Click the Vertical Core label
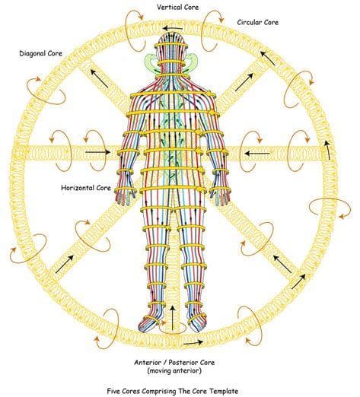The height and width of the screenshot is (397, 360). pos(177,7)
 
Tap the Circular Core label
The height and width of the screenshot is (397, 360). pos(258,22)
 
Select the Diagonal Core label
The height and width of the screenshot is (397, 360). pos(40,53)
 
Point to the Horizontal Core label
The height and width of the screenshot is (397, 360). pos(86,188)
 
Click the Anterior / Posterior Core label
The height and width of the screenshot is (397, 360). pos(174,363)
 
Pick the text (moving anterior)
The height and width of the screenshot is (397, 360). pos(174,370)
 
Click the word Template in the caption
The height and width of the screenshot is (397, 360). pos(224,391)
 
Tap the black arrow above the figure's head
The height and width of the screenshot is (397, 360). pos(173,28)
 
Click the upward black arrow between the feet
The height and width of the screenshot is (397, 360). pos(172,317)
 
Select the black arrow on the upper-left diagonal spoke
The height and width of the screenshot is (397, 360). pos(99,78)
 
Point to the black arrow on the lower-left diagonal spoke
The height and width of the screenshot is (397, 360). pos(64,264)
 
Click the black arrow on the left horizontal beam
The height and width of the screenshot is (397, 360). pos(98,152)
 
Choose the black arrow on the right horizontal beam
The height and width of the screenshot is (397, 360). pos(257,154)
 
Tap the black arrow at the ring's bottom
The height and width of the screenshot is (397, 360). pos(193,343)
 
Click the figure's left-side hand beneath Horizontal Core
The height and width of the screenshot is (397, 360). pos(123,196)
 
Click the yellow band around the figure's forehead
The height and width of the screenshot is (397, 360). pos(170,46)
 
